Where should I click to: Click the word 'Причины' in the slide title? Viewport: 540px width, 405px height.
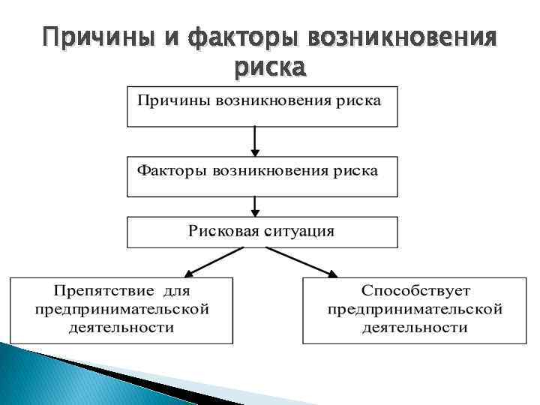(88, 35)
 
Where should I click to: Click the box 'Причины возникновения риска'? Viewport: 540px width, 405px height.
(262, 106)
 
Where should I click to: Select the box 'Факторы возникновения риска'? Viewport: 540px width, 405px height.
(262, 176)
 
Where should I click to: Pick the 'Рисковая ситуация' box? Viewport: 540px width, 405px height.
(262, 232)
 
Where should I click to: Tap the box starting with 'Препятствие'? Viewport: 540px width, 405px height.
(121, 310)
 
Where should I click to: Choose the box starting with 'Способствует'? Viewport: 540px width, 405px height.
(415, 310)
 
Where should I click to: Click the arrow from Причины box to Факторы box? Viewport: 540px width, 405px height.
(256, 141)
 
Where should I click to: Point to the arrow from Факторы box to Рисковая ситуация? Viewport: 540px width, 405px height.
(256, 205)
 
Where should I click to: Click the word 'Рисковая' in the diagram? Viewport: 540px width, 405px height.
(223, 229)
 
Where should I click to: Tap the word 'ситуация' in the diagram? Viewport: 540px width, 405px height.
(295, 229)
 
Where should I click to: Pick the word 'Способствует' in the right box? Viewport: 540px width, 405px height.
(414, 290)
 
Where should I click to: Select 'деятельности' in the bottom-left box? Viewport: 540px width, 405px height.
(121, 328)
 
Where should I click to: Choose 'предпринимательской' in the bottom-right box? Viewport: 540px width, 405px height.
(415, 309)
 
